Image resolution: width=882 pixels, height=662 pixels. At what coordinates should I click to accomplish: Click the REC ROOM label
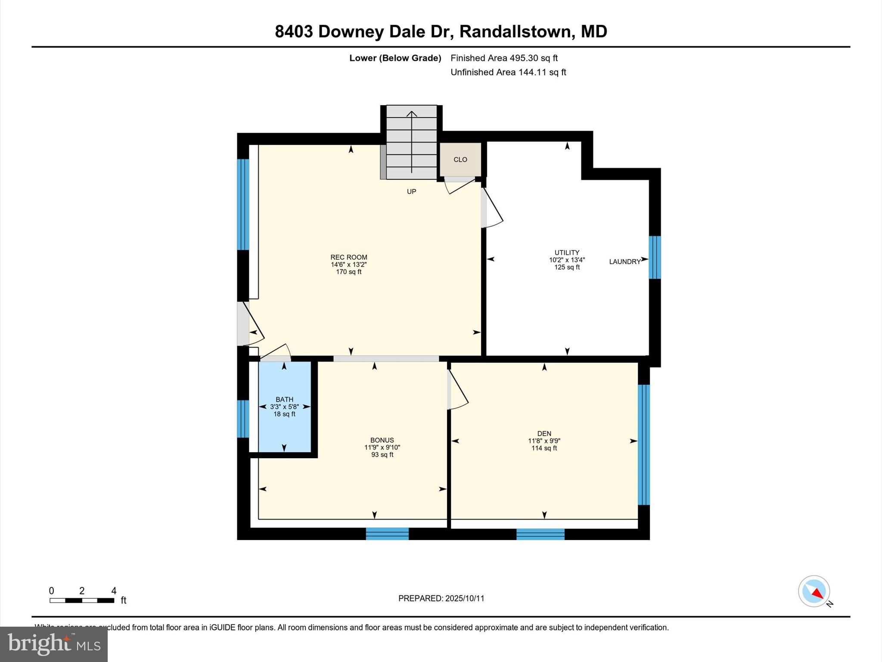click(348, 257)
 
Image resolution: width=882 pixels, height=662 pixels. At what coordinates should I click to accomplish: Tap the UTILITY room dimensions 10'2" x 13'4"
click(567, 260)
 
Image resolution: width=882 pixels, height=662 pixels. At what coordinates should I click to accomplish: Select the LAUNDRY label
click(624, 262)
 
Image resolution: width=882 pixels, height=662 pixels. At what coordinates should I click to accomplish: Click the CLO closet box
click(460, 159)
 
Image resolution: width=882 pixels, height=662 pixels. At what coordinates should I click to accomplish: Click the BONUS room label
click(382, 440)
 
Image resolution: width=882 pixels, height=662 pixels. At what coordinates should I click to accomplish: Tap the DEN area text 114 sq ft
click(544, 448)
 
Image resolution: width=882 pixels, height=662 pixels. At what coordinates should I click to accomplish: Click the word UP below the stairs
click(411, 191)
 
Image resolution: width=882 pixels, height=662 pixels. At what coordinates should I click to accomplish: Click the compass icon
click(814, 591)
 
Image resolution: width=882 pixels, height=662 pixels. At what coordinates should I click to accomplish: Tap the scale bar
click(82, 600)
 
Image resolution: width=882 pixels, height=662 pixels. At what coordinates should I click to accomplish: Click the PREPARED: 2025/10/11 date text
click(441, 598)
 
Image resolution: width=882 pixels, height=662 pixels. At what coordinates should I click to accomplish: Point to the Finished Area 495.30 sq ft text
click(504, 58)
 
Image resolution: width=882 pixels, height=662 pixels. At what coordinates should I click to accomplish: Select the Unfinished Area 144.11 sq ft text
click(508, 72)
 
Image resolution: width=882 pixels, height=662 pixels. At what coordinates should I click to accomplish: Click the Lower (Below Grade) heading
click(395, 58)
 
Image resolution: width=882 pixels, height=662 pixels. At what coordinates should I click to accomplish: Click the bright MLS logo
click(54, 644)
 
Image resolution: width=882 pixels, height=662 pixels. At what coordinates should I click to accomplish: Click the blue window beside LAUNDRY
click(655, 257)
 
